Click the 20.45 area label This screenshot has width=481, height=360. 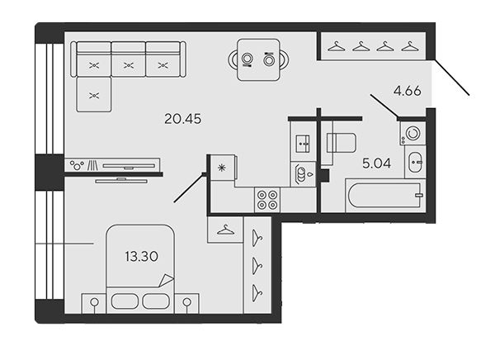pyautogui.click(x=183, y=119)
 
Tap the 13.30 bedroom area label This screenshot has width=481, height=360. pyautogui.click(x=141, y=256)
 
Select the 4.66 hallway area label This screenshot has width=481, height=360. pyautogui.click(x=408, y=91)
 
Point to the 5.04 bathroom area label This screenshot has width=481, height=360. pyautogui.click(x=377, y=163)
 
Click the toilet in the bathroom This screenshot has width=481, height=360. pyautogui.click(x=341, y=143)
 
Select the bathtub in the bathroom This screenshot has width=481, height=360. pyautogui.click(x=385, y=196)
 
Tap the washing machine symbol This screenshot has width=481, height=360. pyautogui.click(x=413, y=134)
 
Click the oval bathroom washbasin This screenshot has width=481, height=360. pyautogui.click(x=415, y=162)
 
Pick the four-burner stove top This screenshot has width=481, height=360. pyautogui.click(x=267, y=200)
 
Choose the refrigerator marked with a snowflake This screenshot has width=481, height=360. pyautogui.click(x=221, y=168)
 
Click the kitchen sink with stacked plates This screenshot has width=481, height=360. pyautogui.click(x=303, y=174)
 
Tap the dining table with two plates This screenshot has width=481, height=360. pyautogui.click(x=258, y=59)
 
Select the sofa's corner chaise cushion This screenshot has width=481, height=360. pyautogui.click(x=93, y=94)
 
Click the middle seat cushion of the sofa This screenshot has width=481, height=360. pyautogui.click(x=129, y=65)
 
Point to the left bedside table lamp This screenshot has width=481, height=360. pyautogui.click(x=95, y=302)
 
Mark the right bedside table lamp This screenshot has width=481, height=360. pyautogui.click(x=186, y=302)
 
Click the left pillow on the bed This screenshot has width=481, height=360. pyautogui.click(x=125, y=301)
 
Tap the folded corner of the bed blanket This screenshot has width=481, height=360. pyautogui.click(x=166, y=280)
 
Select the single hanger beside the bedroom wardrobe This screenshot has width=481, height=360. pyautogui.click(x=225, y=230)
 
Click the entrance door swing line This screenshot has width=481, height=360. pyautogui.click(x=452, y=78)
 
